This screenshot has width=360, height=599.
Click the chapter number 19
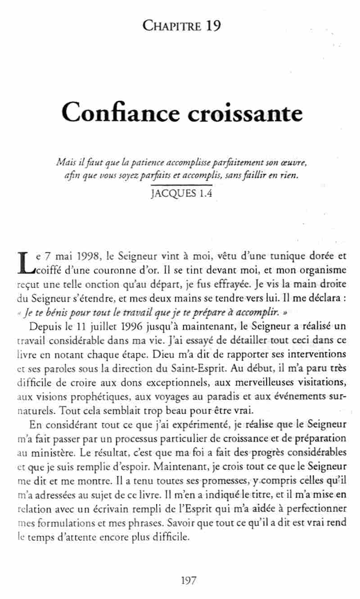click(211, 26)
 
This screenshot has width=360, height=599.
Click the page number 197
click(188, 581)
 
